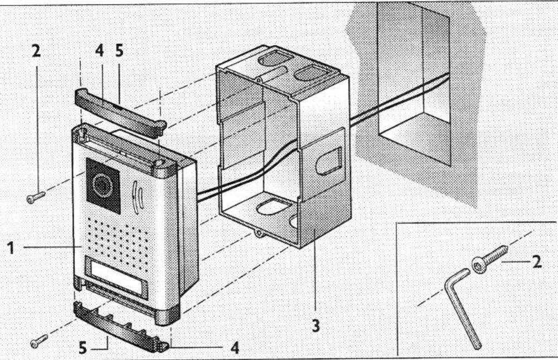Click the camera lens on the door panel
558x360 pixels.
(x=102, y=184)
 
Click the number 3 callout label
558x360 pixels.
(x=316, y=324)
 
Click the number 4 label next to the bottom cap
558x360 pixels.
(x=235, y=348)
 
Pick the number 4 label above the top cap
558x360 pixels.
(x=99, y=50)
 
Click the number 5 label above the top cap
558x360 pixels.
(x=119, y=50)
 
